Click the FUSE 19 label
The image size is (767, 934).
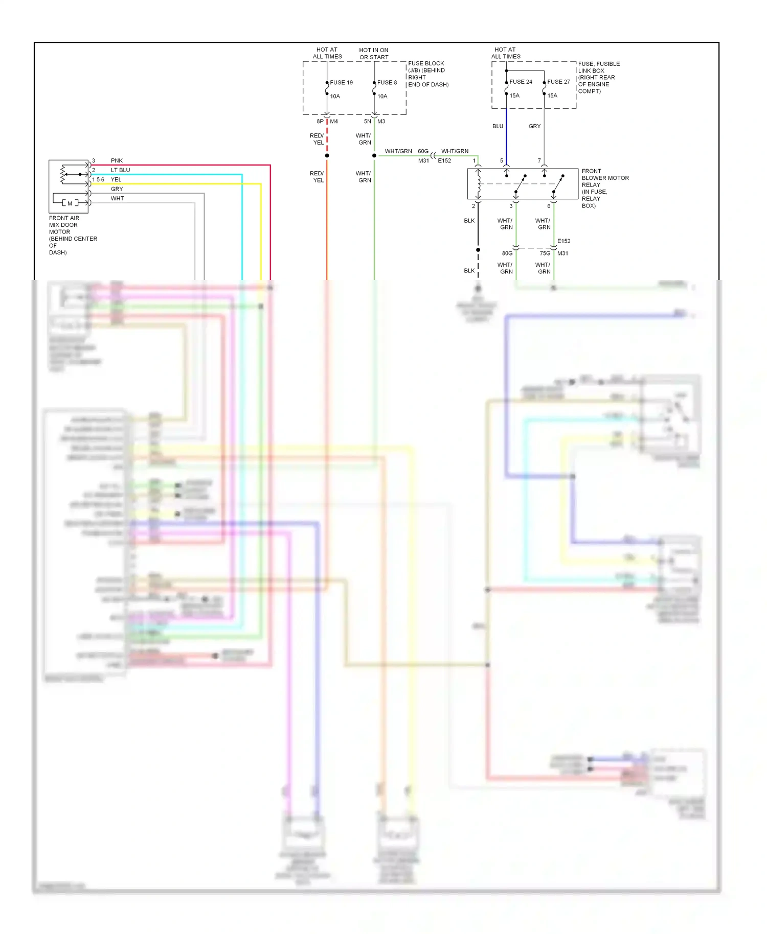(x=341, y=82)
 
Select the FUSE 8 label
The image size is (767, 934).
(x=387, y=82)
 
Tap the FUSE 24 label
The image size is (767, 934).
(x=521, y=82)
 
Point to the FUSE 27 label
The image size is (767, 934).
(x=558, y=82)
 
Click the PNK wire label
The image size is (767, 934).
(x=117, y=160)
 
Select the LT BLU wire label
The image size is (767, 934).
(x=120, y=170)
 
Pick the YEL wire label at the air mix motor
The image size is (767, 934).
(x=116, y=179)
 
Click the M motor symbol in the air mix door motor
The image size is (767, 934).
(x=70, y=203)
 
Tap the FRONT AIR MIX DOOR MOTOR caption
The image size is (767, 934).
(x=72, y=235)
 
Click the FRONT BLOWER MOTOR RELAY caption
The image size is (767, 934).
(x=604, y=188)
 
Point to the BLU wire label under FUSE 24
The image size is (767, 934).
(x=498, y=126)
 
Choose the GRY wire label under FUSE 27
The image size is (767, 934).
(x=534, y=126)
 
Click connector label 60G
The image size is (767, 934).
(x=423, y=151)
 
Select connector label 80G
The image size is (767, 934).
(x=507, y=253)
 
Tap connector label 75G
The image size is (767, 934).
(x=545, y=253)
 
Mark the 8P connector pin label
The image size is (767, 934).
(x=320, y=122)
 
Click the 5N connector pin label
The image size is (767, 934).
(x=368, y=122)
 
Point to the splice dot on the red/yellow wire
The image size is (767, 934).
(x=327, y=155)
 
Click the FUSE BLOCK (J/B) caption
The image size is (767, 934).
(x=427, y=74)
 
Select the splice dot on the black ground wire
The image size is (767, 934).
(x=478, y=250)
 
